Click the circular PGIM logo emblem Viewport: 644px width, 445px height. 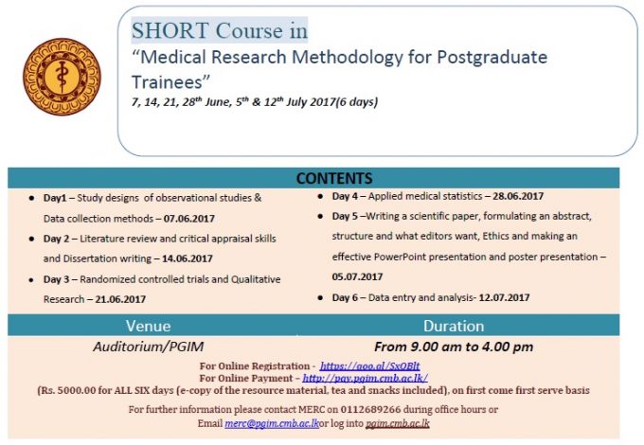(x=62, y=77)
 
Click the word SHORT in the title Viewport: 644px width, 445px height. (x=170, y=31)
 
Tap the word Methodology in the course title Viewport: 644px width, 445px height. (x=348, y=58)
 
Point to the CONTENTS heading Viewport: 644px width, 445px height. (x=334, y=179)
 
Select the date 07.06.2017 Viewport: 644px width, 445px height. (x=188, y=219)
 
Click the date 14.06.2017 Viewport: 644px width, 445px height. (x=188, y=258)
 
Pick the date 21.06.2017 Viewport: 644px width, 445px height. (x=120, y=299)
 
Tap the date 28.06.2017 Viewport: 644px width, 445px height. (x=518, y=196)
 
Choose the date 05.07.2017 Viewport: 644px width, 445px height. (x=357, y=276)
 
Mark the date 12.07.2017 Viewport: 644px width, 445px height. (x=504, y=297)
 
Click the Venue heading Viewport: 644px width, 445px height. (x=149, y=326)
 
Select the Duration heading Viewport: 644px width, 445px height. (x=454, y=326)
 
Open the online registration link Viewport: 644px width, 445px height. (x=369, y=365)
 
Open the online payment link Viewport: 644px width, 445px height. (x=366, y=378)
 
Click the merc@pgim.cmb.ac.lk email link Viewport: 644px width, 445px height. (x=272, y=423)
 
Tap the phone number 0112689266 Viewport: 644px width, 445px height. (x=370, y=409)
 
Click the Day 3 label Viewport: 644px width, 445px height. (x=56, y=279)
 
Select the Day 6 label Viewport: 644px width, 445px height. (x=345, y=297)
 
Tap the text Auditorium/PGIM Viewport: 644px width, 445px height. (x=149, y=347)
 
